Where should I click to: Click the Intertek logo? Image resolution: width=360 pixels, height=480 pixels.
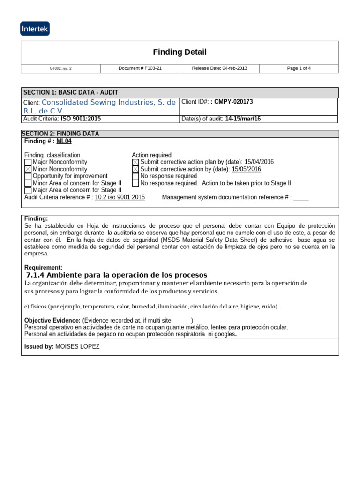[x=35, y=29]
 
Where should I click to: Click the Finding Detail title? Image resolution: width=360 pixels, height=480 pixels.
[x=180, y=52]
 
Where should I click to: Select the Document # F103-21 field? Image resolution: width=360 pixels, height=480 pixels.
[x=140, y=68]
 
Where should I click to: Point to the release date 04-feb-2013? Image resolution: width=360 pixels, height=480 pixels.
[x=219, y=68]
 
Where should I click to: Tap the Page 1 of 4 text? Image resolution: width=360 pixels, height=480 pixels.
[x=299, y=68]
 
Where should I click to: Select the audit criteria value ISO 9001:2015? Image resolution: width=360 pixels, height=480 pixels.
[x=81, y=119]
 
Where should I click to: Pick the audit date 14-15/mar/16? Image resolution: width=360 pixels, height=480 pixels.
[x=242, y=119]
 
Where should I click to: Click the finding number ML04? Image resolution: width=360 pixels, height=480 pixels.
[x=64, y=141]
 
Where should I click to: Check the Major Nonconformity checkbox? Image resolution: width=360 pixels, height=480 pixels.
[x=28, y=162]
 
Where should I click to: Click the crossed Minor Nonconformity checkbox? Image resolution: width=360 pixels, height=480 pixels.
[x=28, y=169]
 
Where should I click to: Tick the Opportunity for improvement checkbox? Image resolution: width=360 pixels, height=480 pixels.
[x=28, y=176]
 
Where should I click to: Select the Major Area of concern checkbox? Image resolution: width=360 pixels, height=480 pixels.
[x=28, y=190]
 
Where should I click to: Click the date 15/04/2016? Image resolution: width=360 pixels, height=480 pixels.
[x=259, y=162]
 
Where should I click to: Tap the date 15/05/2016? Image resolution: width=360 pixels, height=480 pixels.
[x=246, y=169]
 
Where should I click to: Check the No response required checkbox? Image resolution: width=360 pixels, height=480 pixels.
[x=135, y=176]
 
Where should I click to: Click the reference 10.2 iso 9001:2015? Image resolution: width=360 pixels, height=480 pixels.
[x=120, y=197]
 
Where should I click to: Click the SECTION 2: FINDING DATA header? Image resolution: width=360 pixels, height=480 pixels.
[x=61, y=134]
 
